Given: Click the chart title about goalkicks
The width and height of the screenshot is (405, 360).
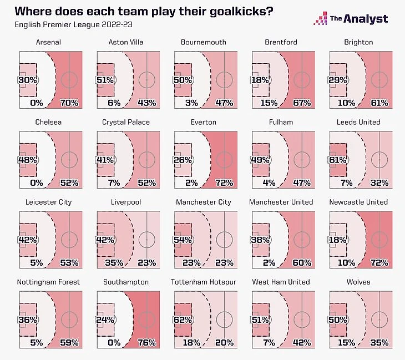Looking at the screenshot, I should point(143,11).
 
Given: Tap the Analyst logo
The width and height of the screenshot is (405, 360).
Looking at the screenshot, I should point(351,19).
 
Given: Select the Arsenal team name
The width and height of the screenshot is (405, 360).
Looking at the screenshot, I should point(48,42).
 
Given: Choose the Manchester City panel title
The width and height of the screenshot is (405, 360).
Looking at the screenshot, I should point(204,202).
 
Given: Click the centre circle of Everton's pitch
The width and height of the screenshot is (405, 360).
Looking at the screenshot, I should point(225,159).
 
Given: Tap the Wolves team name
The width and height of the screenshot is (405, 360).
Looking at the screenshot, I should point(358,282).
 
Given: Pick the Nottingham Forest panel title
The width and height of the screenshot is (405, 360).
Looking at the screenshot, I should point(48,282).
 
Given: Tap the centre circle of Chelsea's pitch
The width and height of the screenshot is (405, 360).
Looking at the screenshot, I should point(69,159).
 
